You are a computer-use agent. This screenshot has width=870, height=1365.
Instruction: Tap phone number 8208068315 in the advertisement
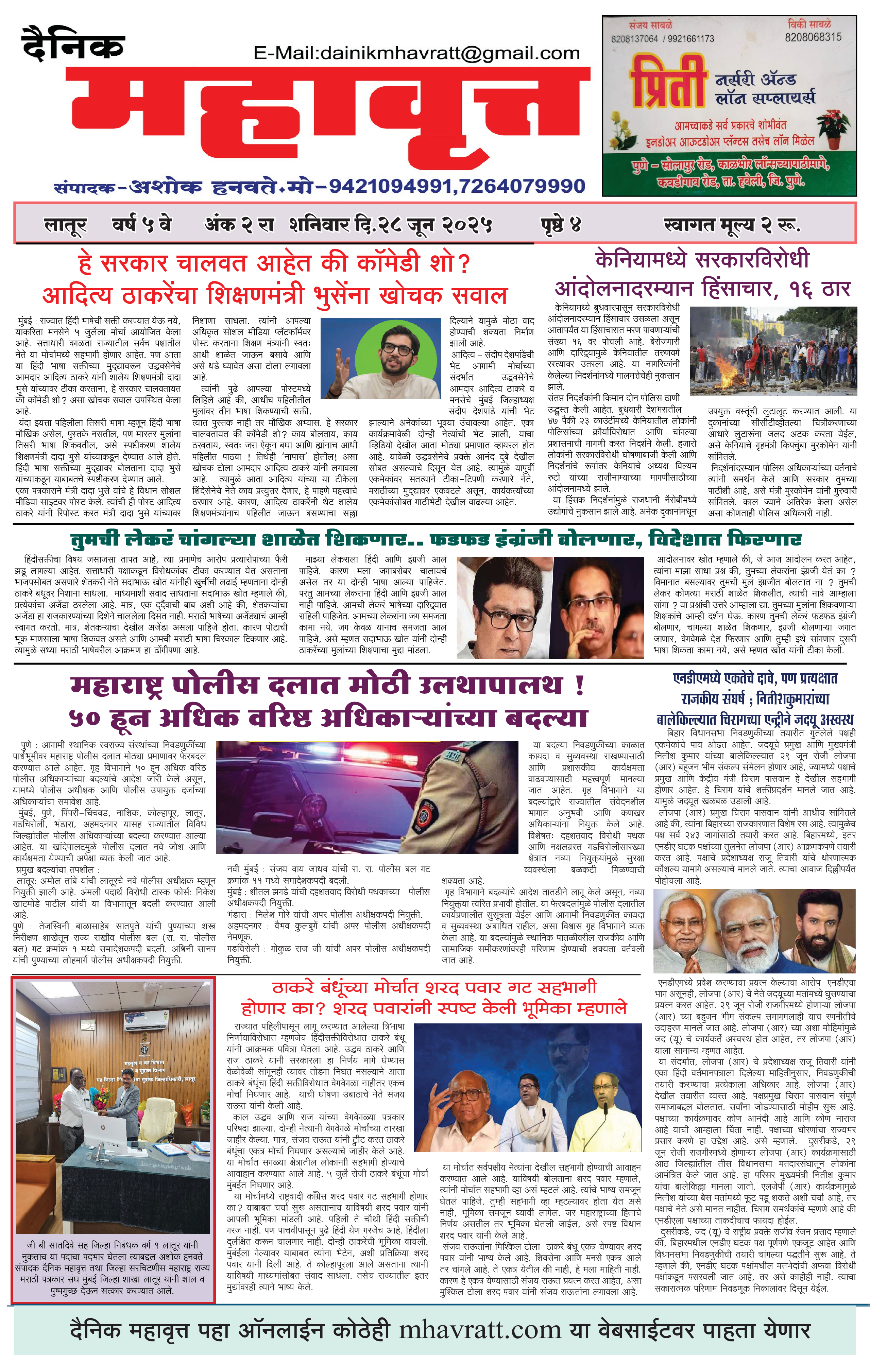click(x=813, y=37)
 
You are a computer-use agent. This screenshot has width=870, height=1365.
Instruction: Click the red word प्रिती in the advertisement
click(x=668, y=85)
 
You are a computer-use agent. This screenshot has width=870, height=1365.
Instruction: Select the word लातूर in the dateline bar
click(x=65, y=226)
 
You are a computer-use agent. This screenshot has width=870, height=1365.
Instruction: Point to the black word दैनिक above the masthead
click(x=73, y=44)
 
